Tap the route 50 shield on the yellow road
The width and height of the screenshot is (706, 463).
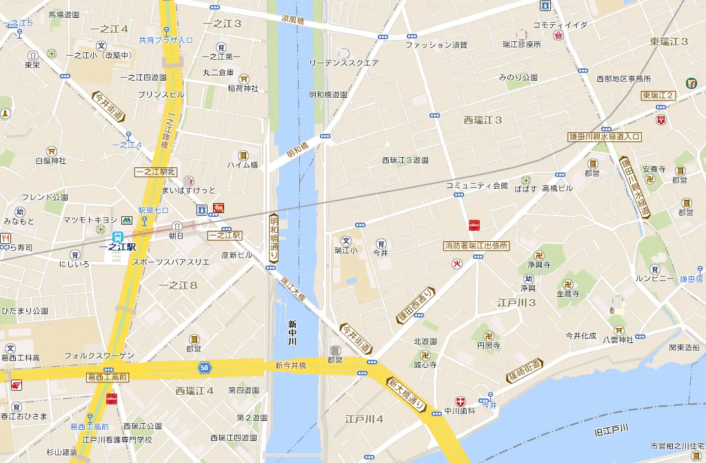pyautogui.click(x=203, y=368)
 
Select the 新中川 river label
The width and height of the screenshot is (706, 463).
pyautogui.click(x=292, y=333)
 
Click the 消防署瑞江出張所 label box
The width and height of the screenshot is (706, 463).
pyautogui.click(x=476, y=245)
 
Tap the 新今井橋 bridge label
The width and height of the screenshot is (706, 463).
pyautogui.click(x=290, y=365)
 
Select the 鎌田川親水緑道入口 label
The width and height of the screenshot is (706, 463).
pyautogui.click(x=605, y=137)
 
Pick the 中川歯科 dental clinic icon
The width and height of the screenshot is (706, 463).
pyautogui.click(x=461, y=401)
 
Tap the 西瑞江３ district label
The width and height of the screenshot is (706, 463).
pyautogui.click(x=483, y=120)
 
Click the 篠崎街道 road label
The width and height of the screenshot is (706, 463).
pyautogui.click(x=525, y=370)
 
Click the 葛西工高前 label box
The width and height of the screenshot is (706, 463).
pyautogui.click(x=108, y=377)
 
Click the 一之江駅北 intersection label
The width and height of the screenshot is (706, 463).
pyautogui.click(x=156, y=172)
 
